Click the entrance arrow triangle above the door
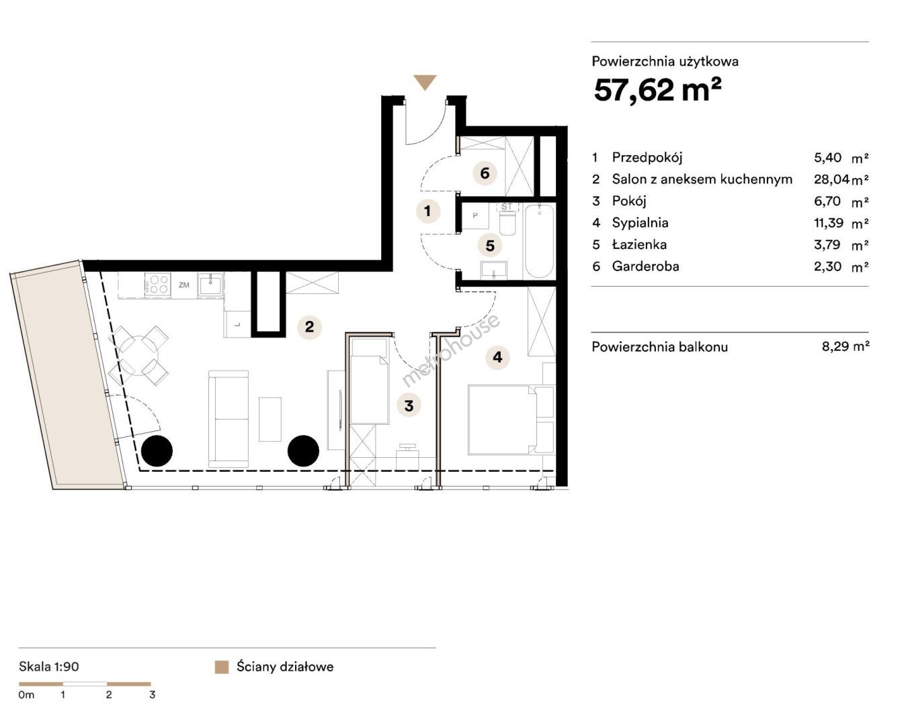[425, 82]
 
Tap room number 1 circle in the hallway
[428, 211]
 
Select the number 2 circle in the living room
[309, 327]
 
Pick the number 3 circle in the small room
[409, 405]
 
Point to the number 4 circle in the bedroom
[498, 357]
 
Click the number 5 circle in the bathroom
[490, 245]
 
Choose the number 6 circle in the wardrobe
[485, 173]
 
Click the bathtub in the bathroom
[539, 241]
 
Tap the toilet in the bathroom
[507, 220]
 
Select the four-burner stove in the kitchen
[158, 284]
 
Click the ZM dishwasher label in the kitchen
[184, 285]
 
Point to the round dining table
[139, 355]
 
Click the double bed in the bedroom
[502, 420]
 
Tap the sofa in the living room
[229, 419]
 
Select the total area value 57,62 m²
[657, 90]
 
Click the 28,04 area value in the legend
[831, 179]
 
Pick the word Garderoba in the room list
[645, 267]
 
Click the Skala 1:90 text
[49, 667]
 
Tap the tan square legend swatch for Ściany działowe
[222, 667]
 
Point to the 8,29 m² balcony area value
[845, 346]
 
